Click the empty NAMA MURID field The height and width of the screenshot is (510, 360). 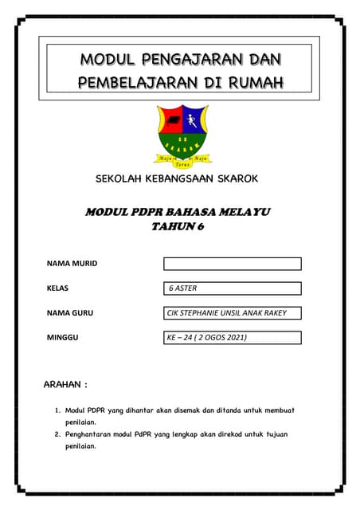(232, 264)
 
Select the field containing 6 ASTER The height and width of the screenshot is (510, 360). (232, 288)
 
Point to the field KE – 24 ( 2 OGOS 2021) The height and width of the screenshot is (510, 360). (232, 338)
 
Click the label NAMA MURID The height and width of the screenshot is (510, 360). (72, 264)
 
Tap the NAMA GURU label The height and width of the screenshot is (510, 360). (70, 313)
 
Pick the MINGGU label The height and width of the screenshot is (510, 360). (63, 338)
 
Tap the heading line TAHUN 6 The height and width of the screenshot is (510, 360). (178, 227)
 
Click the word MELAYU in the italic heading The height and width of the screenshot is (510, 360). (241, 212)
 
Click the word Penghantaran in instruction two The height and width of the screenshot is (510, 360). (93, 434)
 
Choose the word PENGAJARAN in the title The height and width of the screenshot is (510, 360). (190, 59)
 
